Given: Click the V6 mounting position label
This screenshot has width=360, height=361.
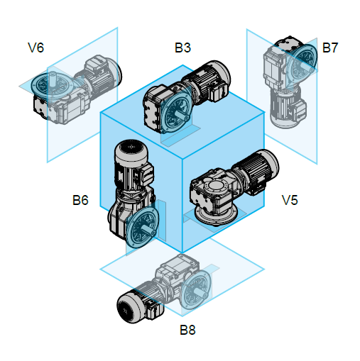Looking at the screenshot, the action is click(x=36, y=48).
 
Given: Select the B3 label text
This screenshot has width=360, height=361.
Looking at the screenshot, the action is click(x=182, y=48).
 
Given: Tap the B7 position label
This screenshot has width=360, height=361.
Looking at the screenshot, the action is click(x=330, y=48).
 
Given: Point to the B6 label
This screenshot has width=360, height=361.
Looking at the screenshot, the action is click(x=80, y=200).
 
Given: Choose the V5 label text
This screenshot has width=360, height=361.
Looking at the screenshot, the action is click(x=290, y=200).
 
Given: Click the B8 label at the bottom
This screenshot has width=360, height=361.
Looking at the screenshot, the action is click(x=187, y=330).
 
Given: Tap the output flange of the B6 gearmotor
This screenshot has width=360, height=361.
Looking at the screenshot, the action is click(x=142, y=227).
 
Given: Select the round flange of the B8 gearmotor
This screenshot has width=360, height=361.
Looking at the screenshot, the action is click(x=195, y=289).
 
